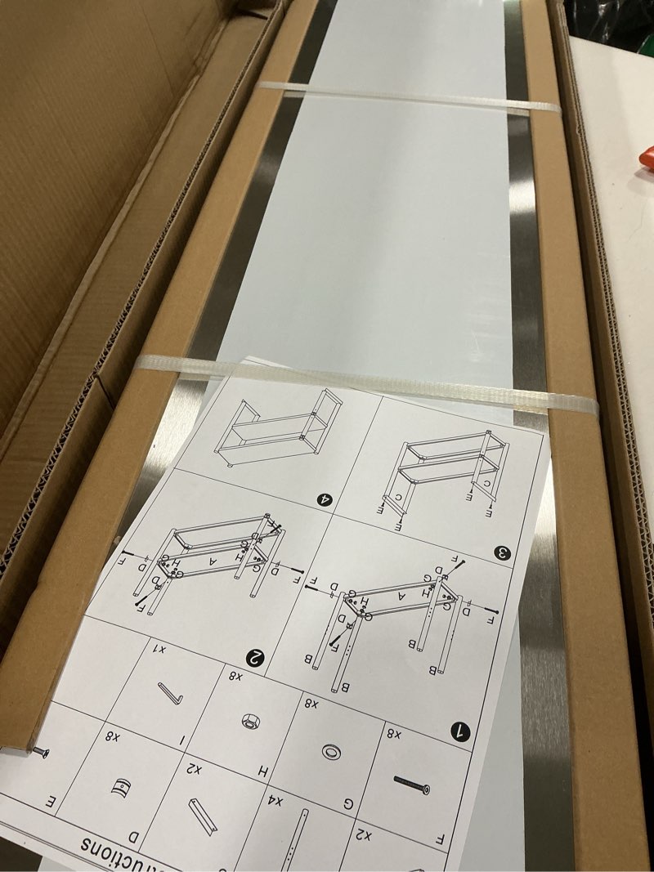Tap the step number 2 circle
(x=256, y=656)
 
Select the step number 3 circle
(x=502, y=553)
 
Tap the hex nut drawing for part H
(x=246, y=722)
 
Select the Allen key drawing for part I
(x=170, y=693)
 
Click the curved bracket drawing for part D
(x=120, y=789)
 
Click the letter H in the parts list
(x=264, y=771)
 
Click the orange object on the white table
(x=646, y=156)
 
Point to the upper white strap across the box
(x=409, y=97)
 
